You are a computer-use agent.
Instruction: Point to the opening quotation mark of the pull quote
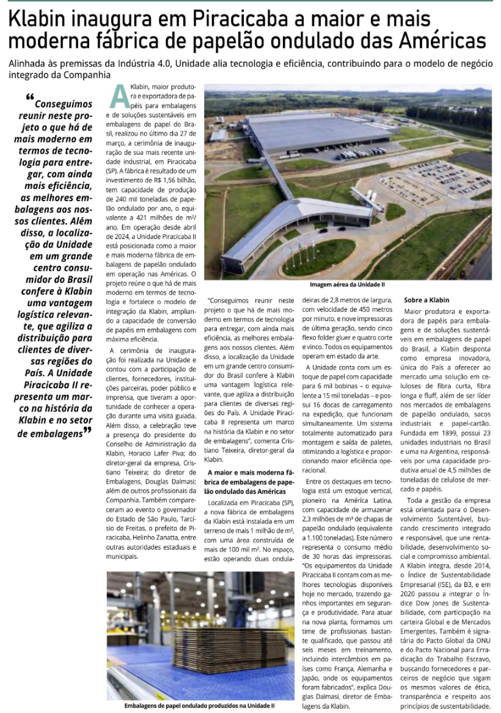[x=30, y=98]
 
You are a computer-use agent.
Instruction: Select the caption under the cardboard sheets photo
[x=200, y=705]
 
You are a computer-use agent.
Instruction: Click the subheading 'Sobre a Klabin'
[x=426, y=300]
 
